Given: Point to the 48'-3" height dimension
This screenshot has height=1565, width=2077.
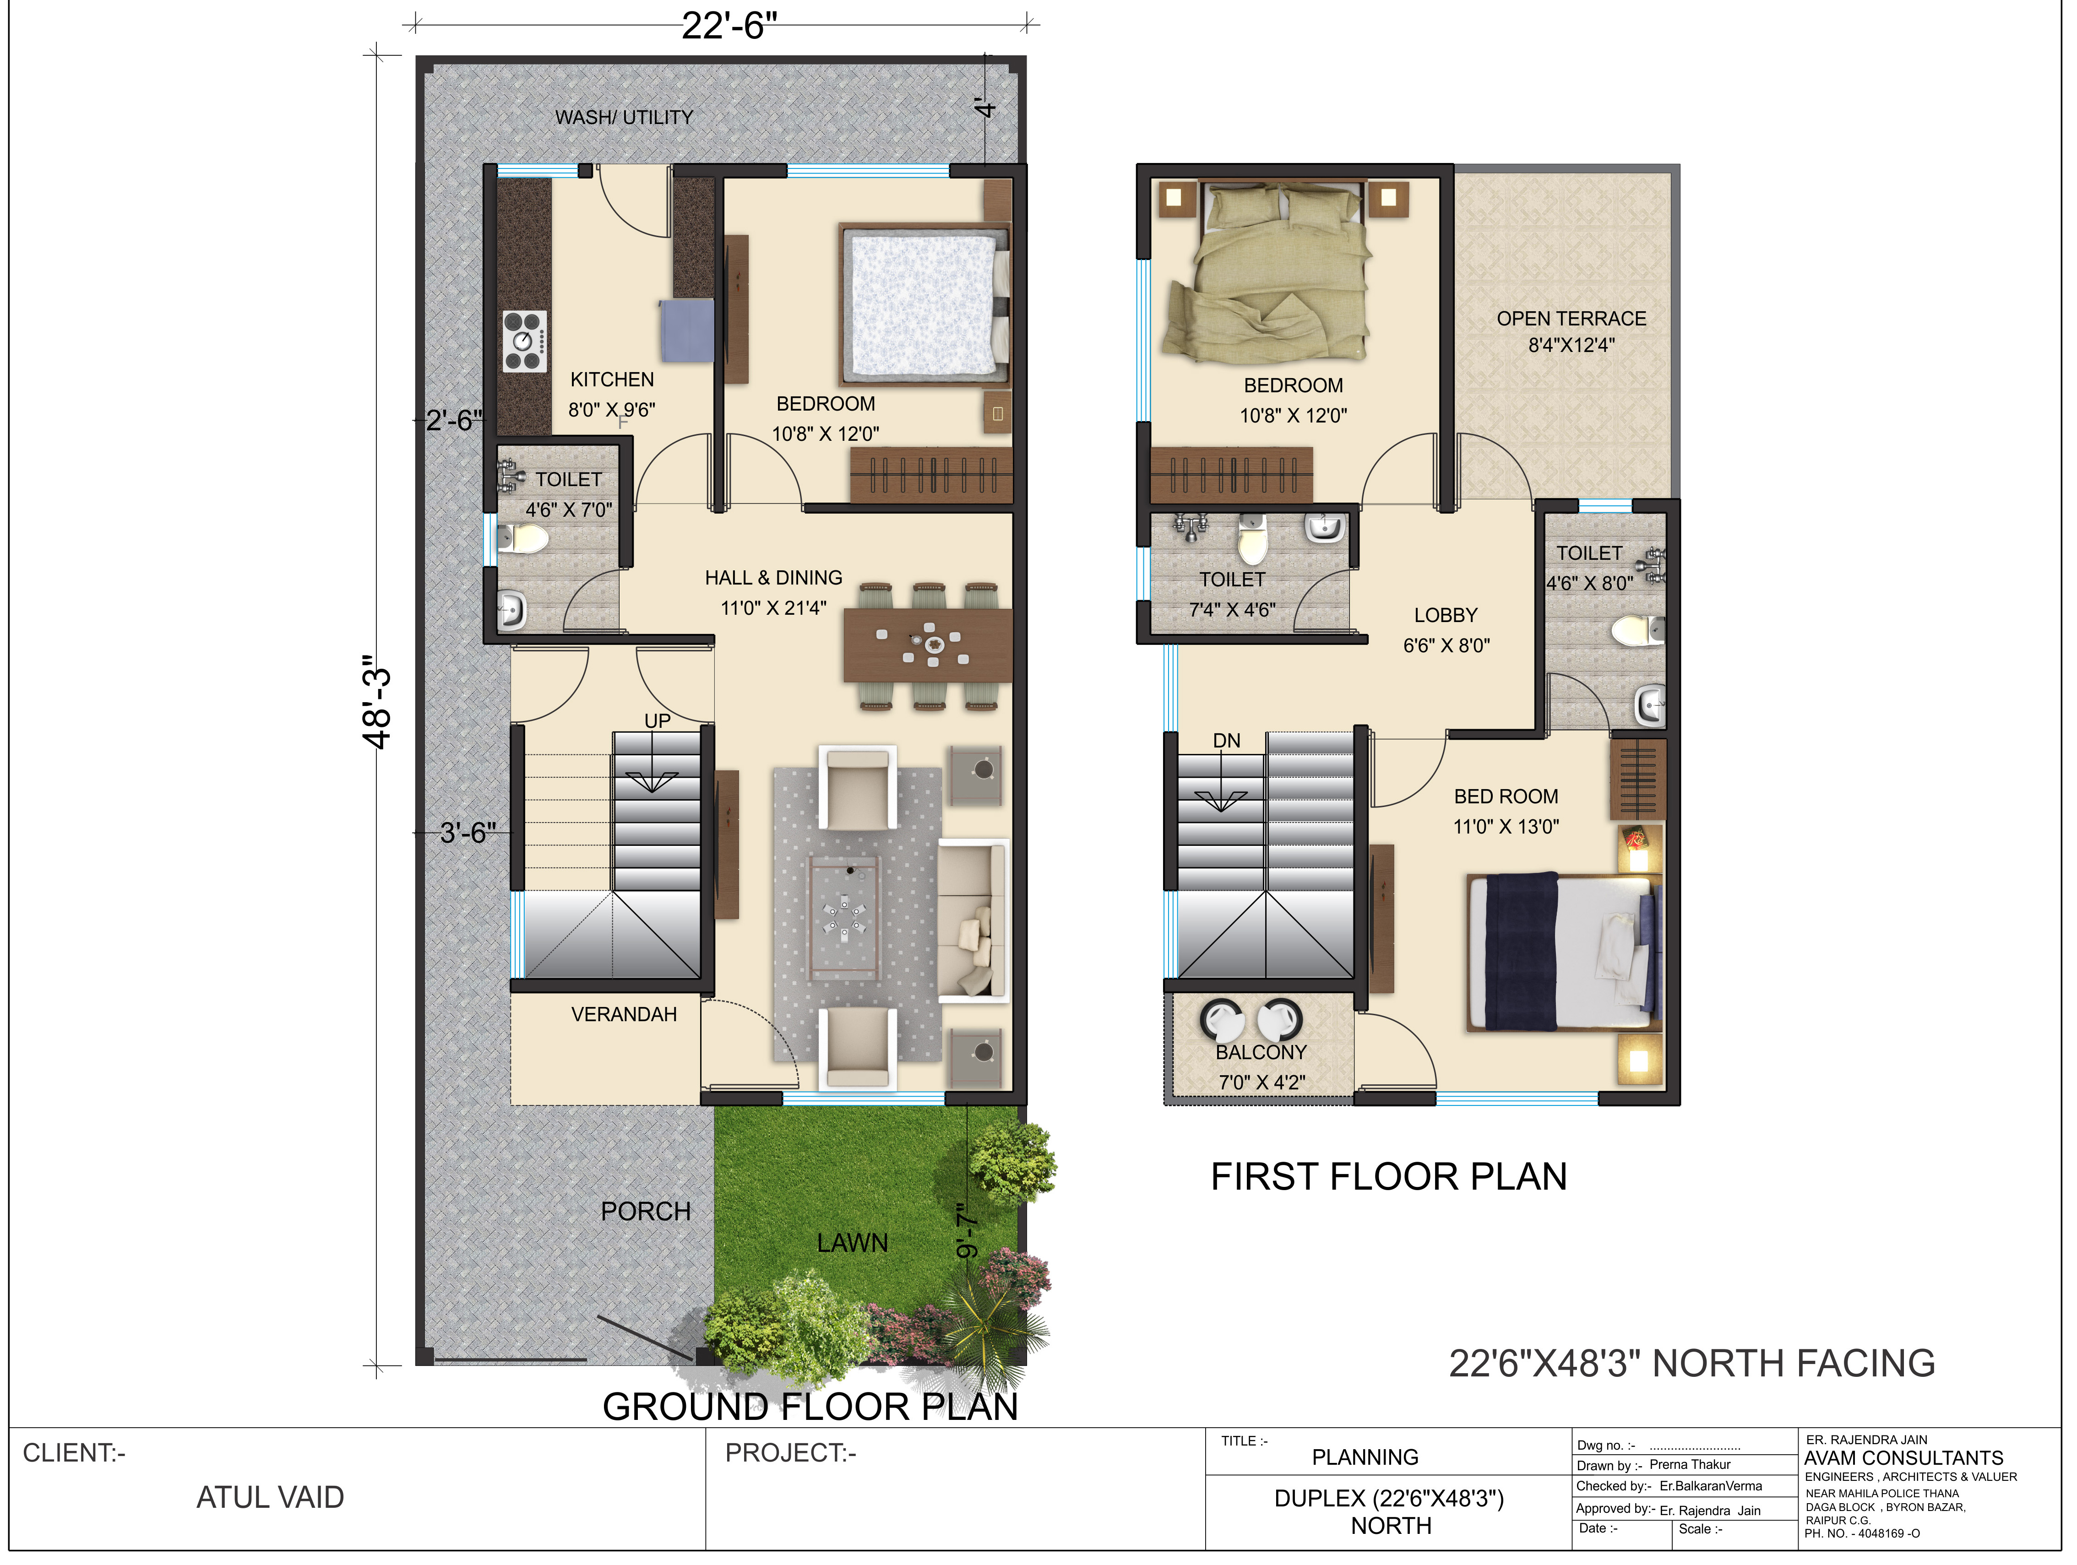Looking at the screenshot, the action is [376, 702].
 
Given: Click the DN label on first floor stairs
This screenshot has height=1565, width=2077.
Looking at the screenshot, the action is [1226, 741].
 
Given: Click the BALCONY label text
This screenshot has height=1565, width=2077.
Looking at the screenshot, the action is [1261, 1052].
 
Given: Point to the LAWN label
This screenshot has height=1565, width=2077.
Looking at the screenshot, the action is [852, 1243].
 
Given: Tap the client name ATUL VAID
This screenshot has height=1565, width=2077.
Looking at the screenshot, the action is [271, 1497].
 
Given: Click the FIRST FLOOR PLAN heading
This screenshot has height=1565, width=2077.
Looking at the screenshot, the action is [1389, 1176].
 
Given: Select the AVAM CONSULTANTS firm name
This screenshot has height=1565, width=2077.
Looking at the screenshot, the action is [1903, 1458].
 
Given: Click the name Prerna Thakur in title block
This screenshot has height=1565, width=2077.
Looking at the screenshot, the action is [1690, 1465].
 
